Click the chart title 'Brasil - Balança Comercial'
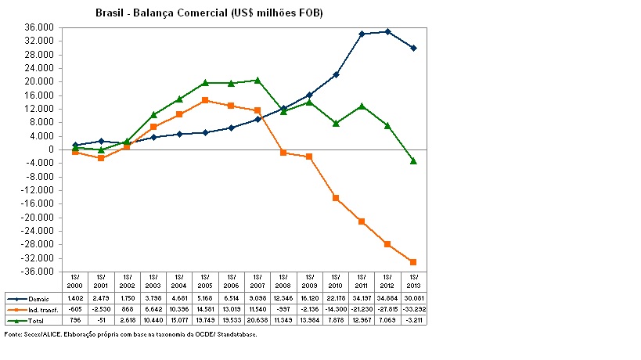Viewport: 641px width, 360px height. [209, 13]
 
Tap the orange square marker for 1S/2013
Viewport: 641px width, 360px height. [413, 262]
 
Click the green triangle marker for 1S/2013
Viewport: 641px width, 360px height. [413, 160]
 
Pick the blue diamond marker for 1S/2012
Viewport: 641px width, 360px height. [387, 31]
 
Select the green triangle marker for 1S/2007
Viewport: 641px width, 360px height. [257, 80]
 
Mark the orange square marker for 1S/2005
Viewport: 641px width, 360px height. [205, 100]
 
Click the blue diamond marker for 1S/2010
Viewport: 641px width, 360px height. [336, 74]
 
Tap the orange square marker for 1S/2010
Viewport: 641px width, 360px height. [336, 198]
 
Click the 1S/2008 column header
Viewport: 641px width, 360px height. [283, 282]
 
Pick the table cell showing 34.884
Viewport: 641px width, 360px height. [387, 298]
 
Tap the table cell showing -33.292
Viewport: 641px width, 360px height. [413, 309]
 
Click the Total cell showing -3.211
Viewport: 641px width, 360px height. [413, 320]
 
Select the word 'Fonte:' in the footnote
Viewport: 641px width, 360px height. [13, 334]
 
